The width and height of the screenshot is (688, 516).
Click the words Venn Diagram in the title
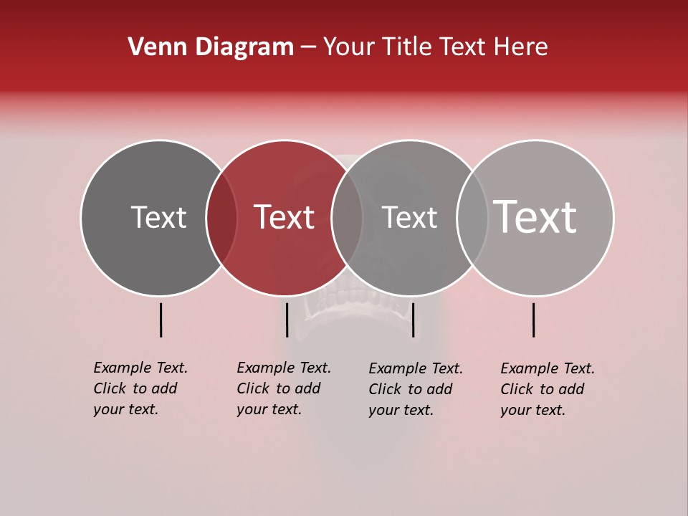point(211,47)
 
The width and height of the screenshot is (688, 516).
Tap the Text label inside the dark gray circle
point(158,217)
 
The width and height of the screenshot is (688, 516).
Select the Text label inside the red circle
point(284,217)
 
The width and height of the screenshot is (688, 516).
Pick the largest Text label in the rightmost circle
point(535,217)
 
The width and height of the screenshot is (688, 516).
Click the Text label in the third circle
point(409,217)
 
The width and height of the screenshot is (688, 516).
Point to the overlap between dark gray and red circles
point(221,218)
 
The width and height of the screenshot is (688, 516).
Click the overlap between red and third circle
point(346,218)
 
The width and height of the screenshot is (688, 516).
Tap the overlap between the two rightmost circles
point(472,218)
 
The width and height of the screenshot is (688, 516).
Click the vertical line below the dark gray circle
point(161,320)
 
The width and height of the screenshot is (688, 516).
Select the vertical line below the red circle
point(287,320)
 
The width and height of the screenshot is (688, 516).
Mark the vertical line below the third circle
point(413,320)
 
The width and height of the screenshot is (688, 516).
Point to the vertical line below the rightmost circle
point(534,320)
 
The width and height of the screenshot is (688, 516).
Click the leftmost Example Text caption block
point(140,388)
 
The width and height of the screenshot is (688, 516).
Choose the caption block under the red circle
point(283,388)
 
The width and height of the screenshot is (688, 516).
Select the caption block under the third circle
point(415,389)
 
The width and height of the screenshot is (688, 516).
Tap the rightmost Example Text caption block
point(547,389)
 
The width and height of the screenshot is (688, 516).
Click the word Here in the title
point(523,47)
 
